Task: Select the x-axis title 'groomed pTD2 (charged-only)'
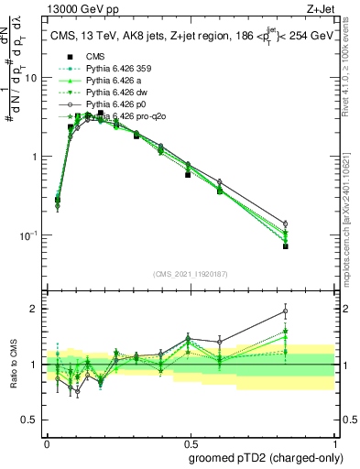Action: pyautogui.click(x=267, y=457)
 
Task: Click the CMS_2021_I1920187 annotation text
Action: pyautogui.click(x=191, y=274)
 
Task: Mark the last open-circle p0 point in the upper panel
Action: pyautogui.click(x=311, y=224)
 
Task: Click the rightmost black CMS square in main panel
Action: pyautogui.click(x=311, y=246)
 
